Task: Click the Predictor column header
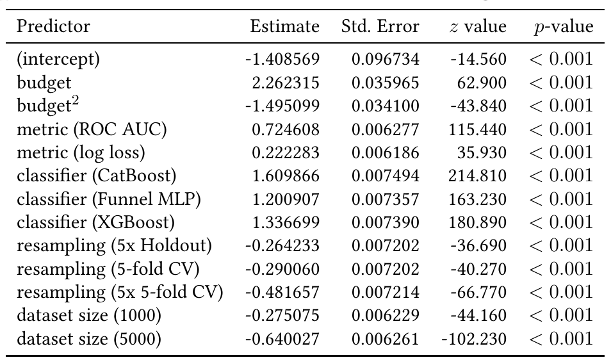53,27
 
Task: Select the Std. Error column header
380,27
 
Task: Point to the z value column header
478,27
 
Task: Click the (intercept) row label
58,60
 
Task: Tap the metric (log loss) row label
81,152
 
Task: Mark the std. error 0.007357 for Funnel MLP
386,199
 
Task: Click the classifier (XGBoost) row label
95,222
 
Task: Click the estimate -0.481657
282,292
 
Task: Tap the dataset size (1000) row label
89,315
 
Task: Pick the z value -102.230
474,339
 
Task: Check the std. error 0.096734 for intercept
386,60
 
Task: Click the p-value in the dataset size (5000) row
561,339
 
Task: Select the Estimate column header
284,27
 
